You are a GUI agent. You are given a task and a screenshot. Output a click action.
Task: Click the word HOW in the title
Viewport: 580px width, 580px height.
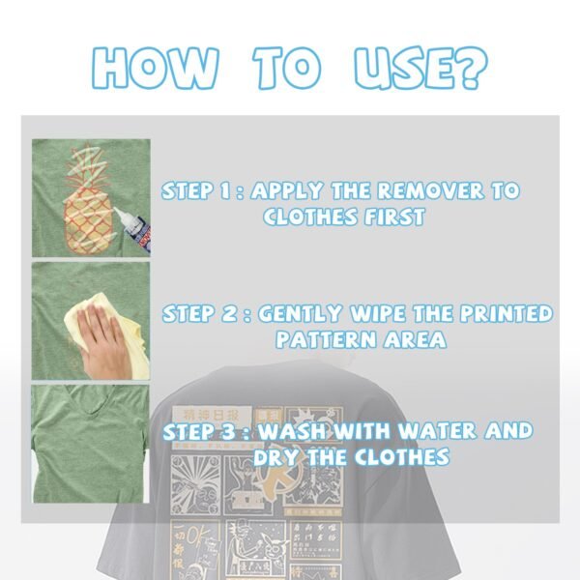pyautogui.click(x=155, y=67)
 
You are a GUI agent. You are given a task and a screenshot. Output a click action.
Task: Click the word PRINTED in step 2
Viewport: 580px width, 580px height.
pyautogui.click(x=501, y=314)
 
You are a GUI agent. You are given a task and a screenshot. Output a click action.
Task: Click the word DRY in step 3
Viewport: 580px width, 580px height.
pyautogui.click(x=275, y=456)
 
